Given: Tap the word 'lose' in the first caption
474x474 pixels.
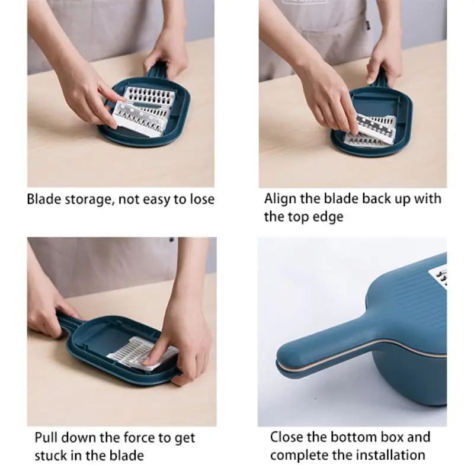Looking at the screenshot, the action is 202,199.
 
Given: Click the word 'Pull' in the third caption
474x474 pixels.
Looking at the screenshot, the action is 46,437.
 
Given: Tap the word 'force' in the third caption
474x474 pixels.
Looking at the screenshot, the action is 140,437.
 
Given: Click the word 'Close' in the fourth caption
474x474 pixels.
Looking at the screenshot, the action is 286,437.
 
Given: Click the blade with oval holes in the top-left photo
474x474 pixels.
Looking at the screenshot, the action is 150,97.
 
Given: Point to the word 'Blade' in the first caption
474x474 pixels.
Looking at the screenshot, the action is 44,199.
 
